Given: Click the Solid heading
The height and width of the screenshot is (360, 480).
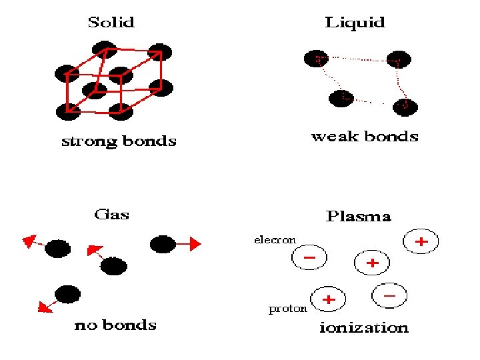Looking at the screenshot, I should coord(111,22).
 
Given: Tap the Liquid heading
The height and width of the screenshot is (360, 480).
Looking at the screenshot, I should coord(355,22).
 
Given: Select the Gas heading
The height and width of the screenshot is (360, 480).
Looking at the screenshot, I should coord(111,214).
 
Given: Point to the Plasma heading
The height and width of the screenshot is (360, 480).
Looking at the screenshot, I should coord(358,216).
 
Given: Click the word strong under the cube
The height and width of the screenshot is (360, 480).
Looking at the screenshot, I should coord(89,141).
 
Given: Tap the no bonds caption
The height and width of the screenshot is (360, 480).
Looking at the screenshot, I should coord(115,325).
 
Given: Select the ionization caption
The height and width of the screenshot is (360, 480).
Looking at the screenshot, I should coord(364,327).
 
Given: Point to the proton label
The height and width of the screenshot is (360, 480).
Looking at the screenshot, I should coord(287,309).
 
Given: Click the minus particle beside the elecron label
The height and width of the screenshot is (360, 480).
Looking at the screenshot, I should coord(309,258).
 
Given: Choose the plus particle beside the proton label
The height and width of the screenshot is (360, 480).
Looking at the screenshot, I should coord(328,301).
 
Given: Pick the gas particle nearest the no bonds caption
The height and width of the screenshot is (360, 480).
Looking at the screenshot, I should coord(67,293).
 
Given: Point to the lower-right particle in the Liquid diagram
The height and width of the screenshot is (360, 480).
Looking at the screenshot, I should coord(405,106).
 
